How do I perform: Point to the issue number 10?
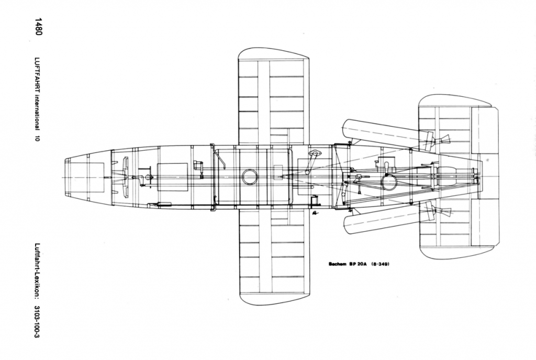[38, 138]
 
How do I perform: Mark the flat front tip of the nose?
[66, 177]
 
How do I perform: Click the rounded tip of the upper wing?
[273, 49]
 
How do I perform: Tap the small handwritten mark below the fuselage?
[315, 213]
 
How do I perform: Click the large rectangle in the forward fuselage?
[173, 177]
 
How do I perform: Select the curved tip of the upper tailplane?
[455, 96]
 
